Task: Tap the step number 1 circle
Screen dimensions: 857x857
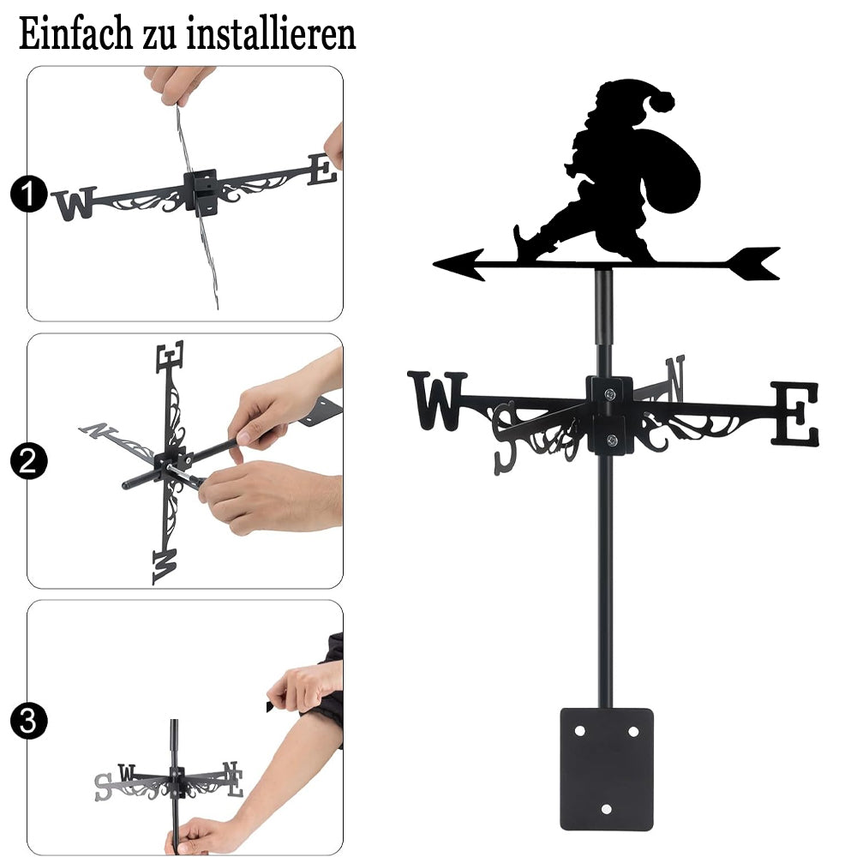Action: (x=28, y=194)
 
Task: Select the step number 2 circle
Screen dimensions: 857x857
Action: (x=28, y=461)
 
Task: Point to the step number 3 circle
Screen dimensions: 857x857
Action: (x=28, y=721)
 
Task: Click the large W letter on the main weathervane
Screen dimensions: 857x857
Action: (x=437, y=400)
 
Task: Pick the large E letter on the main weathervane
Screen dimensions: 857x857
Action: (x=795, y=413)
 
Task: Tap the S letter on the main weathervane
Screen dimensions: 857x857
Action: (x=505, y=438)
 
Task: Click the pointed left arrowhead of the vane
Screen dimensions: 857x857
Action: (x=458, y=265)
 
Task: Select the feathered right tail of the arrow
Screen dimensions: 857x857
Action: (x=754, y=263)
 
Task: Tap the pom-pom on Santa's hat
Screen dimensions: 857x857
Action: (x=662, y=101)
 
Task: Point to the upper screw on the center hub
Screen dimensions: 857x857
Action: (x=610, y=393)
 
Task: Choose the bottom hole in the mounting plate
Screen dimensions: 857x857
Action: (x=607, y=809)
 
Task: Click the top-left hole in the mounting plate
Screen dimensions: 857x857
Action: (x=580, y=731)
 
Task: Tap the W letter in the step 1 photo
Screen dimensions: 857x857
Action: (x=74, y=203)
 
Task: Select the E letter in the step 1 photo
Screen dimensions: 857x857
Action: (x=322, y=170)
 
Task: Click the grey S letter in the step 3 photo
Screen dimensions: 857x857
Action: (x=103, y=787)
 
